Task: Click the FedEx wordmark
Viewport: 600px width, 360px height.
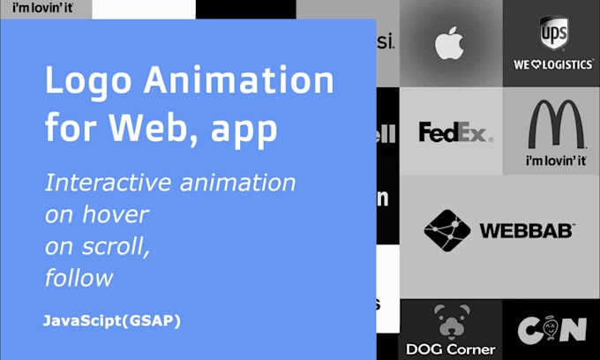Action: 455,132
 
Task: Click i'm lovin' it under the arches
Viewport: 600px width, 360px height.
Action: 555,161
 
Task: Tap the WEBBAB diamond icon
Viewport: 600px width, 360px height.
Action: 447,231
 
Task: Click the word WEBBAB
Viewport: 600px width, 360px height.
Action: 527,231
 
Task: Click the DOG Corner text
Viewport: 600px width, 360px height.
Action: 451,349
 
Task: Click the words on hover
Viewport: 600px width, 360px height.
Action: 97,214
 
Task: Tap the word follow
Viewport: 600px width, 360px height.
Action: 79,277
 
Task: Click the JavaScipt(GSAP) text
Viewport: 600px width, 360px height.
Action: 111,320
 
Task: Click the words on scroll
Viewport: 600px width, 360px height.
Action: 97,246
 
